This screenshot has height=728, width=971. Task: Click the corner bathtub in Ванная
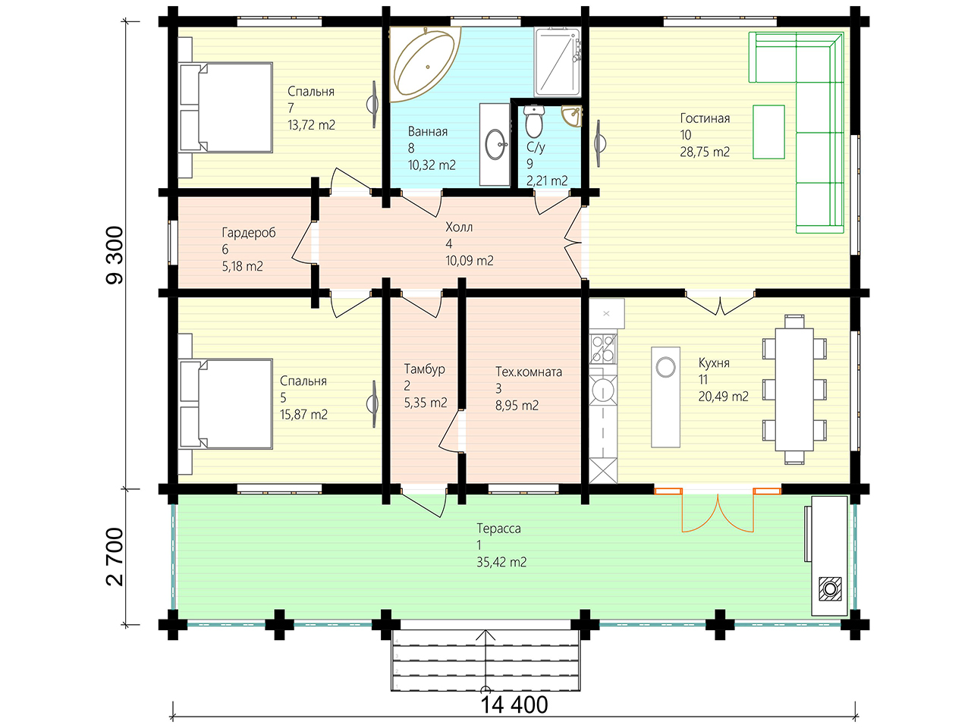click(425, 64)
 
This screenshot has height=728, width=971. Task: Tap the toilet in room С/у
click(534, 121)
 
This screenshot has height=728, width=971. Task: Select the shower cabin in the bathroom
click(558, 62)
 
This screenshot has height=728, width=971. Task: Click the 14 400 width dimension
click(514, 704)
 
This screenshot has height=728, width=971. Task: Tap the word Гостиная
click(705, 118)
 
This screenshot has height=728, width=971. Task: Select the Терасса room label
click(498, 529)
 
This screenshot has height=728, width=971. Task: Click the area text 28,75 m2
click(705, 152)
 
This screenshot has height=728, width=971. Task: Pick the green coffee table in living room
click(769, 132)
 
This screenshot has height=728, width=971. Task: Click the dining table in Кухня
click(794, 390)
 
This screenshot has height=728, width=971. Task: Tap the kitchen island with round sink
click(665, 397)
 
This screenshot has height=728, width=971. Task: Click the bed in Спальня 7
click(225, 108)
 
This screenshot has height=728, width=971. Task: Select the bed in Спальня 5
click(225, 404)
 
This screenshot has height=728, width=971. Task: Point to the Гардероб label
click(249, 233)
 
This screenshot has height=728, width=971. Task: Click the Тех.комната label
click(529, 372)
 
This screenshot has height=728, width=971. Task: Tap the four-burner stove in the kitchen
click(603, 348)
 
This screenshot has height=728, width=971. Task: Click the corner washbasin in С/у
click(571, 116)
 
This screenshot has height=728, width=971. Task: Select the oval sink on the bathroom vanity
click(495, 144)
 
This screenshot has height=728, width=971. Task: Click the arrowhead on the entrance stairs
click(485, 635)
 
